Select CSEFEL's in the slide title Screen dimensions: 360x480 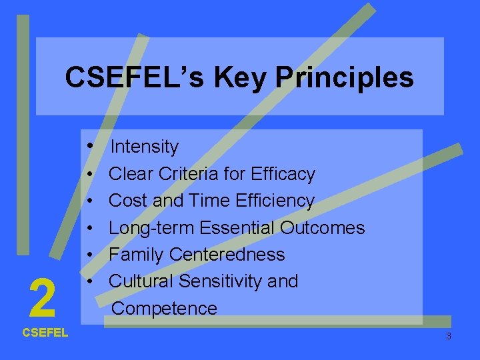(135, 78)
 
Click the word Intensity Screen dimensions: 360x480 (145, 146)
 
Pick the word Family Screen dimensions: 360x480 (137, 255)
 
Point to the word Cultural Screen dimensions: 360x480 (141, 281)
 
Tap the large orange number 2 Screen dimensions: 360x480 (43, 299)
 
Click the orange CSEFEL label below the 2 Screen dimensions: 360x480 (45, 333)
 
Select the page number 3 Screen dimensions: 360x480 (448, 336)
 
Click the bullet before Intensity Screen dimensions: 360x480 (89, 145)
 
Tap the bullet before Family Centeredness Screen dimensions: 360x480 (89, 255)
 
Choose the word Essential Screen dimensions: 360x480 (237, 228)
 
